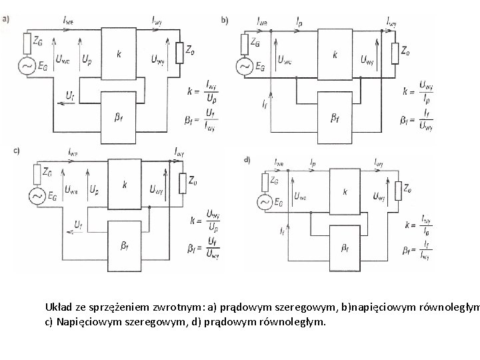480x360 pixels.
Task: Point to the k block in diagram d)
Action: click(x=345, y=192)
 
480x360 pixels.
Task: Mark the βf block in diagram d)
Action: click(x=345, y=248)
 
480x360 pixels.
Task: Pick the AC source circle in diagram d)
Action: click(x=265, y=201)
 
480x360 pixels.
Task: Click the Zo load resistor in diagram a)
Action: click(x=179, y=52)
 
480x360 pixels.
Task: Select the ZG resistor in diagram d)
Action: click(x=265, y=181)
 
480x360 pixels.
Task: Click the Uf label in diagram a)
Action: click(x=70, y=96)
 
